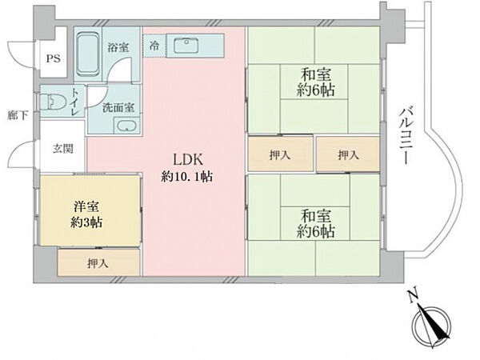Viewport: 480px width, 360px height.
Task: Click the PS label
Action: point(53,58)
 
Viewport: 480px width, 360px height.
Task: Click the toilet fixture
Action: point(54,102)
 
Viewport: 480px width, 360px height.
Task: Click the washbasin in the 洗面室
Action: point(126,125)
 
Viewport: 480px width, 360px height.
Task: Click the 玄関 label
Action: point(63,150)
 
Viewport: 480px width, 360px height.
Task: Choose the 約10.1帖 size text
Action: point(185,175)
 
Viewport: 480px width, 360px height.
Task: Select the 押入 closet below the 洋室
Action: point(98,262)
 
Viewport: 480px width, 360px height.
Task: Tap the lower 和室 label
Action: point(318,214)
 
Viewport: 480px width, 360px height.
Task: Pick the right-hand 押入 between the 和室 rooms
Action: point(347,154)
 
